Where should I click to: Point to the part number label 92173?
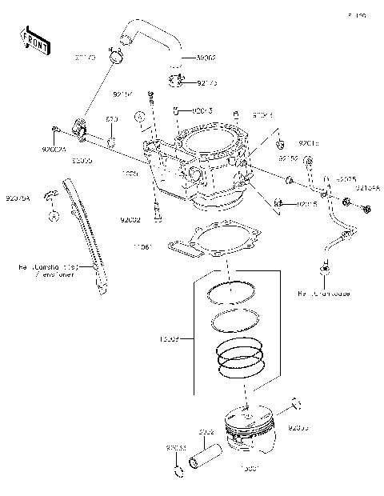[x=207, y=82]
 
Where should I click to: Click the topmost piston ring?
[x=231, y=293]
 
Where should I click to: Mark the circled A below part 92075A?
[x=52, y=216]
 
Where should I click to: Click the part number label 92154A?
[x=368, y=188]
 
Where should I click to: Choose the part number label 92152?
[x=288, y=159]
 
